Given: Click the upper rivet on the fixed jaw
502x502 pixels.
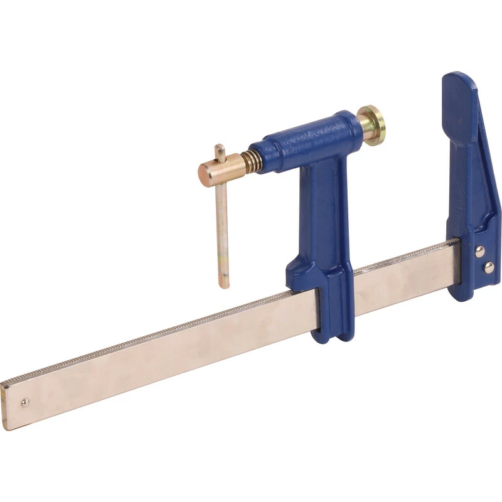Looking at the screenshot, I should coord(479,252).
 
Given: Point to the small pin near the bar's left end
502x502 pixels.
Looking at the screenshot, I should coord(25,402).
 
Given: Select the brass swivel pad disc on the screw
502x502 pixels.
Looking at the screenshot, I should coord(374,125).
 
